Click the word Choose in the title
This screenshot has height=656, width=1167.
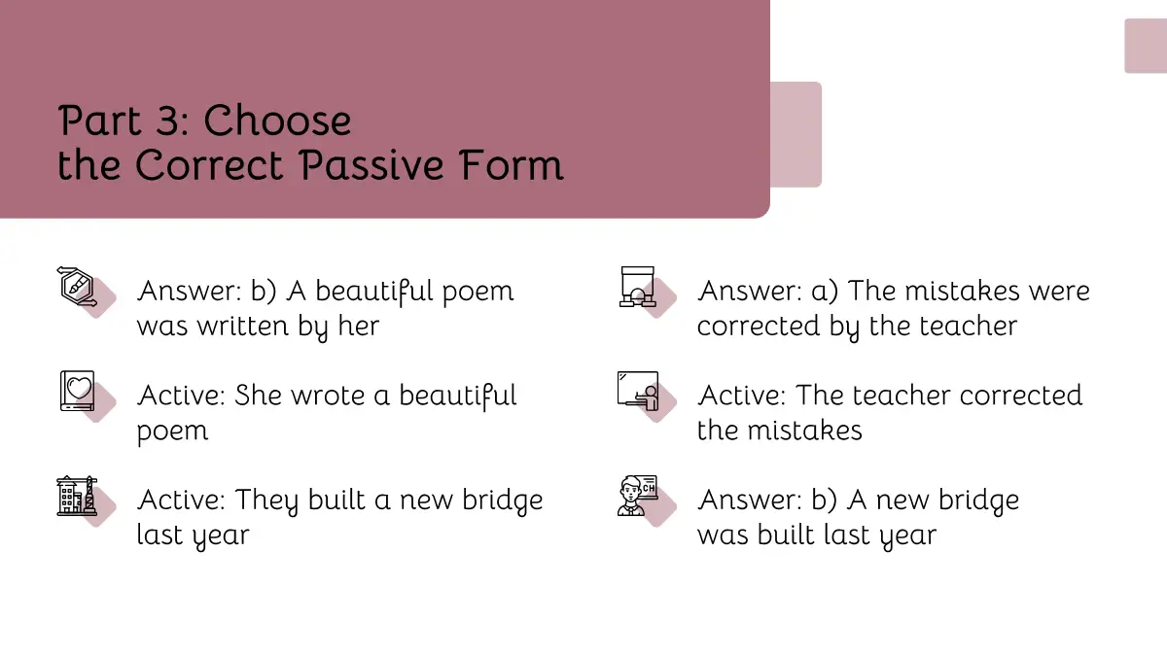pos(277,121)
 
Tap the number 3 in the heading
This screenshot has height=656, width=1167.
pos(167,121)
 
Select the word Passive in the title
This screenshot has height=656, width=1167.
pos(371,165)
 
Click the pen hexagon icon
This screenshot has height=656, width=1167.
pos(77,287)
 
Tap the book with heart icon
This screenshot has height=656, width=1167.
pos(77,391)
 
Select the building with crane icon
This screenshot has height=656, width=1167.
pos(77,496)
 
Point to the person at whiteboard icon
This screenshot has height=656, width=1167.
pos(638,391)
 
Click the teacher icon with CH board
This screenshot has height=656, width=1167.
pos(638,496)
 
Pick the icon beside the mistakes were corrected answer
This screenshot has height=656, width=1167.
pos(637,287)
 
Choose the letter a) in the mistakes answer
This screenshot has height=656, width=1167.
pos(825,292)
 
